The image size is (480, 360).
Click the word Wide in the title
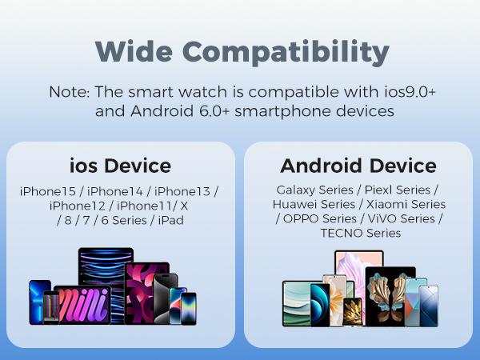point(134,51)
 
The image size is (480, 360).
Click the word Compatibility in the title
point(286,53)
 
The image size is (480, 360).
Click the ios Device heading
point(120,166)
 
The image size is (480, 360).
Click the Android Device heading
point(358,166)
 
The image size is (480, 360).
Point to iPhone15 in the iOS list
point(47,192)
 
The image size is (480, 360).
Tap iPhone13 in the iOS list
point(182,192)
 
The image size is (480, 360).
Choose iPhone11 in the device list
point(144,206)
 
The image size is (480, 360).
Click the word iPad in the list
point(171,221)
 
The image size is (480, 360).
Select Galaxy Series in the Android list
point(314,190)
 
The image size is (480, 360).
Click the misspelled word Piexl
point(378,190)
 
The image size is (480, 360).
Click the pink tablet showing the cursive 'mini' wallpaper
point(82,305)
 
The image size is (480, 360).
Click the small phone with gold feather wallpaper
point(352,312)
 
